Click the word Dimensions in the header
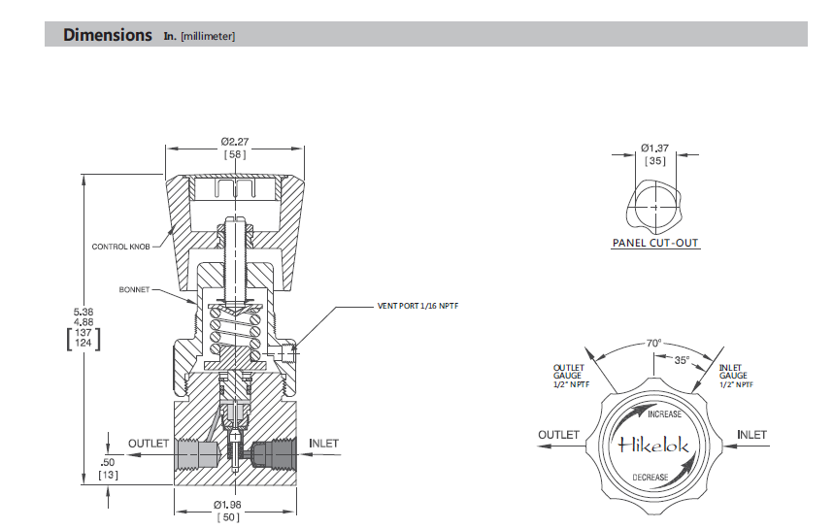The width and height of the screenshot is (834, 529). [x=108, y=35]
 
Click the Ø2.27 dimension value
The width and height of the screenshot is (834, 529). [x=235, y=142]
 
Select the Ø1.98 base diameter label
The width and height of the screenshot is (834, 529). [x=227, y=505]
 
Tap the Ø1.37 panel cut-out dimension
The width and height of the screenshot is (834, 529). [x=654, y=148]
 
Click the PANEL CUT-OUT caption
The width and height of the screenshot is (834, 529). [x=655, y=243]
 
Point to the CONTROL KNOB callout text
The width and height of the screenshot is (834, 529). [x=120, y=247]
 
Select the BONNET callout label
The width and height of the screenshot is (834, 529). [x=134, y=290]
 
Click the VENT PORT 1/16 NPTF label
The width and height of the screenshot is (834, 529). [x=417, y=306]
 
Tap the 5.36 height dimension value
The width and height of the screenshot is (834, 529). [x=83, y=313]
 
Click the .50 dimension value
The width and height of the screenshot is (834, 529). [x=108, y=463]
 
